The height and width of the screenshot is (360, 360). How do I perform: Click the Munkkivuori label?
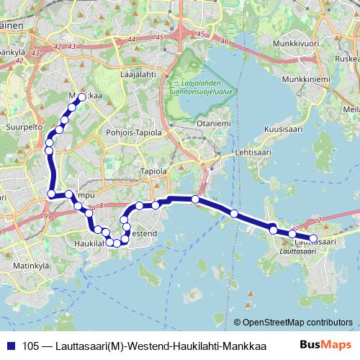pyautogui.click(x=296, y=43)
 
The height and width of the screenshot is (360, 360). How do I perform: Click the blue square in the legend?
pyautogui.click(x=9, y=346)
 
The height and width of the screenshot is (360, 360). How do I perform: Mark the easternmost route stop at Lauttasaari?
pyautogui.click(x=313, y=238)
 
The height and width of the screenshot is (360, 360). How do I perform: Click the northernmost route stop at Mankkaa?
pyautogui.click(x=81, y=97)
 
